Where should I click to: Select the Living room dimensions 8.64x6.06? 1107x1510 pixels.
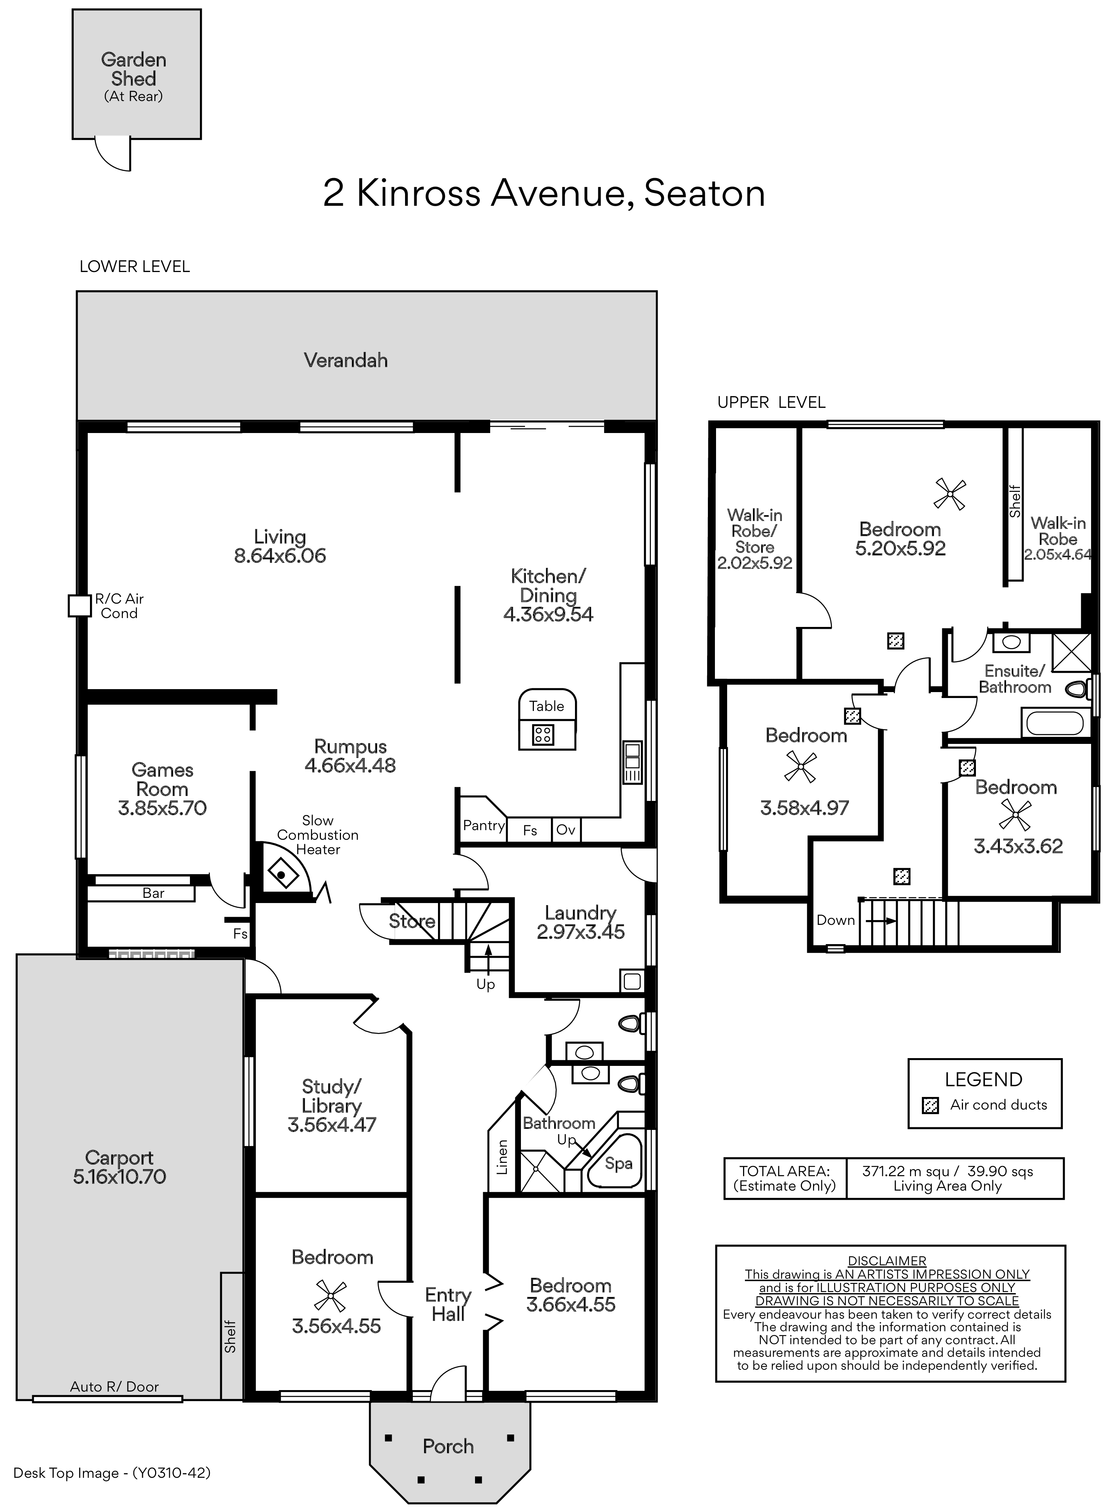pos(280,556)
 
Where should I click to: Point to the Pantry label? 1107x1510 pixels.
pos(483,825)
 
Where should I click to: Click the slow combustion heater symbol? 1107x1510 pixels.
pos(283,873)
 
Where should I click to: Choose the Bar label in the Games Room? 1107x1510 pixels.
pos(153,893)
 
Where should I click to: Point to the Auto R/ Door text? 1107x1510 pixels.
pos(114,1387)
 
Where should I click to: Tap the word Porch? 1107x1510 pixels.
pos(448,1446)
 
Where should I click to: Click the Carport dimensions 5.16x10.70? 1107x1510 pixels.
pos(119,1177)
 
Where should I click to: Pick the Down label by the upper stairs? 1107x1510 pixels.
pos(835,920)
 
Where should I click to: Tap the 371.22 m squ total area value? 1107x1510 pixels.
pos(905,1172)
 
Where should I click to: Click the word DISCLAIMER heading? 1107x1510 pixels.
pos(887,1261)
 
